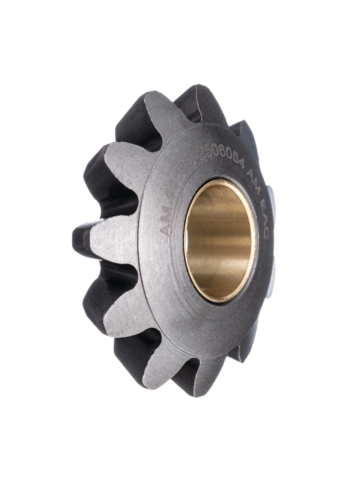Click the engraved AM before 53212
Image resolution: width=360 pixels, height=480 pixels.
tap(166, 223)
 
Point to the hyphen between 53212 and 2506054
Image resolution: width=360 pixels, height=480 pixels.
tap(195, 161)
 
